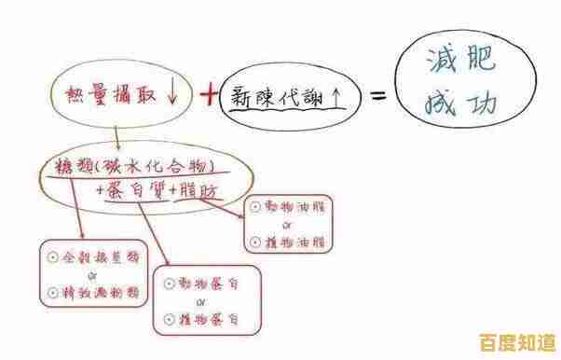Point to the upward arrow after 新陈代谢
tap(333, 94)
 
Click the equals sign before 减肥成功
tap(378, 96)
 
